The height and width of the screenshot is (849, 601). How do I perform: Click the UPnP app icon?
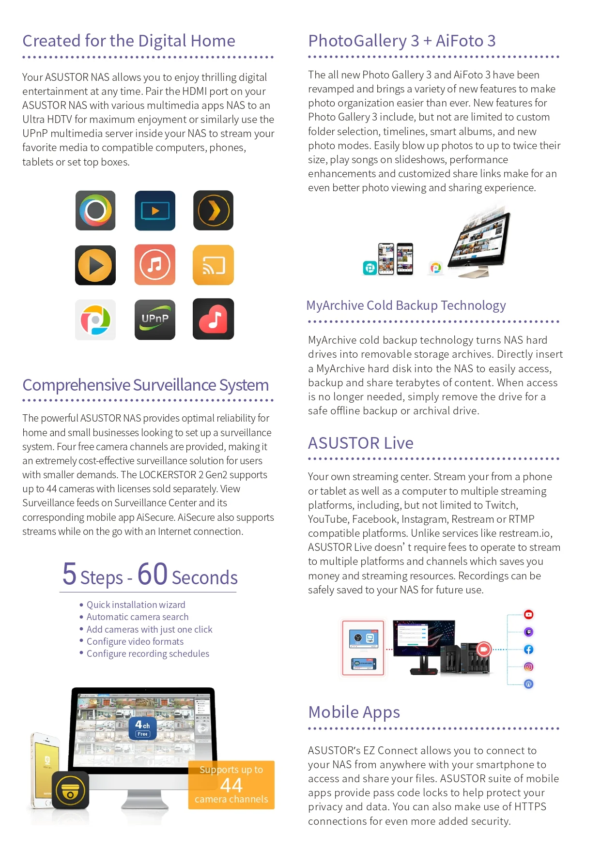[x=154, y=319]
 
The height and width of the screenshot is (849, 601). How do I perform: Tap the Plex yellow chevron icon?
[x=213, y=211]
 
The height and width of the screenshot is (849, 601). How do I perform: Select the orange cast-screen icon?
[x=213, y=265]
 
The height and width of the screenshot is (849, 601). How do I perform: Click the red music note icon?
[x=213, y=319]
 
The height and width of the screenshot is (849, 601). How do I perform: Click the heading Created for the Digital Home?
[x=129, y=41]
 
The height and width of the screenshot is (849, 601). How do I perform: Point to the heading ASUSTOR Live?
[x=360, y=443]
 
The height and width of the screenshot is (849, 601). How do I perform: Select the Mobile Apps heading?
[x=354, y=712]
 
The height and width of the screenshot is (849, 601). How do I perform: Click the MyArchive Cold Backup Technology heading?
[x=406, y=305]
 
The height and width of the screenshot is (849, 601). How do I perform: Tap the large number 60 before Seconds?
[x=153, y=574]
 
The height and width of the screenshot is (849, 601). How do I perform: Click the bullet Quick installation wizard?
[x=136, y=605]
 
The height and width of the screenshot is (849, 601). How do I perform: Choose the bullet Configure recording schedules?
[x=148, y=653]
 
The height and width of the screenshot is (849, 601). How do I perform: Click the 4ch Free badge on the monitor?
[x=142, y=728]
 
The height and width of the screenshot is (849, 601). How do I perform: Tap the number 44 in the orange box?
[x=231, y=785]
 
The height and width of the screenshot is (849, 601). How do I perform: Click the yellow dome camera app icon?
[x=71, y=790]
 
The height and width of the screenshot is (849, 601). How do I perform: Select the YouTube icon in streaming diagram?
[x=528, y=615]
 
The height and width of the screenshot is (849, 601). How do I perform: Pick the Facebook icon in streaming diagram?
[x=528, y=650]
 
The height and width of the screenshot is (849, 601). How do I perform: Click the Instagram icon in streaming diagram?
[x=528, y=667]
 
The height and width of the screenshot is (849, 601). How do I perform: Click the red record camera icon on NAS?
[x=483, y=649]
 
